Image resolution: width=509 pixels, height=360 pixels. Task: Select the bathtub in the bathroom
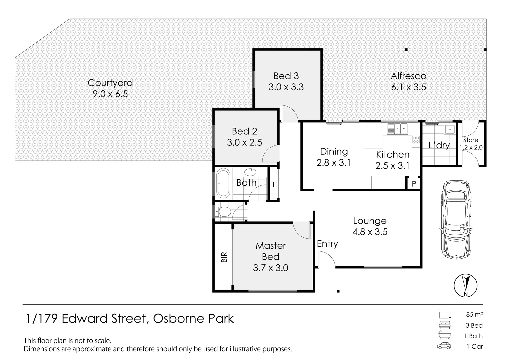[x=223, y=183]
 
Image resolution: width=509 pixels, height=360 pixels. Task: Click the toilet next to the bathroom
[x=223, y=212]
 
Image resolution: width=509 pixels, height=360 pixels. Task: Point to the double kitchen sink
[x=398, y=128]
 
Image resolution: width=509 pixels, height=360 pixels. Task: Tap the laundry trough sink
[x=449, y=129]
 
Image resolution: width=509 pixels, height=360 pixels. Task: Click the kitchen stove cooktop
[x=416, y=140]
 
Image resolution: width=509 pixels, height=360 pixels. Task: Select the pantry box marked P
[x=414, y=184]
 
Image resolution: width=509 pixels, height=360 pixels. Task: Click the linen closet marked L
[x=274, y=184]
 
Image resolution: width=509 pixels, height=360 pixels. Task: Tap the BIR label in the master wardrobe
[x=224, y=257]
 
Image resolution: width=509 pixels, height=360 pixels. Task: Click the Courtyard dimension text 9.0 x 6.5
[x=110, y=94]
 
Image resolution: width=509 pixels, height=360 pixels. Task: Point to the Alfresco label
[x=409, y=76]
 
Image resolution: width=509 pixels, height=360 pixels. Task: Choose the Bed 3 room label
[x=286, y=76]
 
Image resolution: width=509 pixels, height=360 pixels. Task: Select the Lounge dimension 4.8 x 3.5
[x=370, y=232]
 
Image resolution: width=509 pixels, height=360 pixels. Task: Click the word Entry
[x=327, y=244]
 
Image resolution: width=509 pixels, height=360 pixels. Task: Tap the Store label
[x=471, y=140]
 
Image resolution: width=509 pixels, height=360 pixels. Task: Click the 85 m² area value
[x=474, y=314]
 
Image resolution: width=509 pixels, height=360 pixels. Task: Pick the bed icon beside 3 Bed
[x=445, y=325]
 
